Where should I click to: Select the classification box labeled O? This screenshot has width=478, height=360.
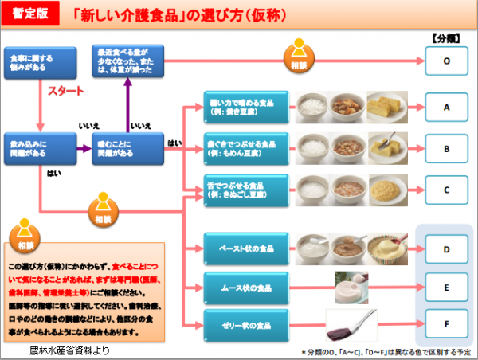pos(446,61)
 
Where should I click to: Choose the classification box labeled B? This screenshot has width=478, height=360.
pos(446,148)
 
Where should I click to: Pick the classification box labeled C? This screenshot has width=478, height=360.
pos(446,190)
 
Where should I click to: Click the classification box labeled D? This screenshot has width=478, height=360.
pos(446,248)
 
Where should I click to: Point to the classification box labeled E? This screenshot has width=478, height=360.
pos(446,285)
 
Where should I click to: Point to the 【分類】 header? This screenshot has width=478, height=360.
pos(446,37)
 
